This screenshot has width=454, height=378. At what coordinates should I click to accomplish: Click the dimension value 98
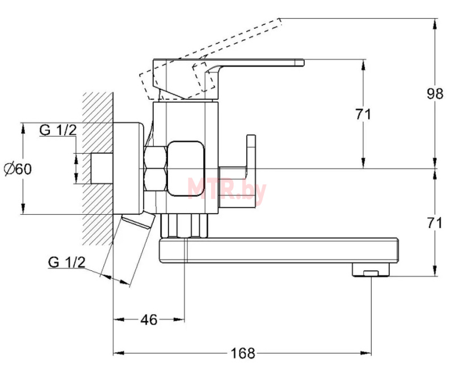click(x=435, y=94)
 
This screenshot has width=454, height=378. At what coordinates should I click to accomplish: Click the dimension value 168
click(x=243, y=353)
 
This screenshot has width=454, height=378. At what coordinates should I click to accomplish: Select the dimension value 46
click(x=149, y=320)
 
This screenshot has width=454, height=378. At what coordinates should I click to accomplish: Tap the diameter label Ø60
click(x=18, y=169)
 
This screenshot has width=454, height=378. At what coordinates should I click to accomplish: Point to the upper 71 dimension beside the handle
click(x=363, y=114)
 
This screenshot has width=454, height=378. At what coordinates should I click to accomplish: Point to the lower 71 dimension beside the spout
click(x=435, y=223)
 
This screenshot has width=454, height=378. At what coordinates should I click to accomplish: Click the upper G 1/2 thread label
click(x=58, y=130)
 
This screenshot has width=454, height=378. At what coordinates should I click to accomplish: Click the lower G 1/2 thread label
click(x=67, y=262)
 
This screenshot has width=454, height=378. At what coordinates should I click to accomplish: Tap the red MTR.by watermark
click(x=226, y=189)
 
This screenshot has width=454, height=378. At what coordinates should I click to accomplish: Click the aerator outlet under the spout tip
click(x=371, y=270)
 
